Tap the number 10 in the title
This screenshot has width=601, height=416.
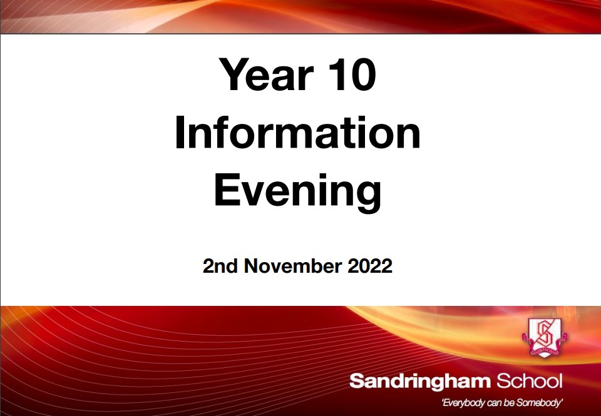(x=352, y=74)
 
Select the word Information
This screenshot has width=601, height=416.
(x=298, y=132)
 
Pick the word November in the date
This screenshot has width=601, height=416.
(x=293, y=266)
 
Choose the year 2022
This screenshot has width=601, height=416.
(x=370, y=266)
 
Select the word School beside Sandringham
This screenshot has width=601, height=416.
(x=530, y=381)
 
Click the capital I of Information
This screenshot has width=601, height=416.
(x=180, y=132)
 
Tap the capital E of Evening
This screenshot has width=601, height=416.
(x=227, y=190)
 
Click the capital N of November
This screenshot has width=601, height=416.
(x=252, y=266)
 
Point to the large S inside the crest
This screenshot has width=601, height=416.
(x=544, y=333)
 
